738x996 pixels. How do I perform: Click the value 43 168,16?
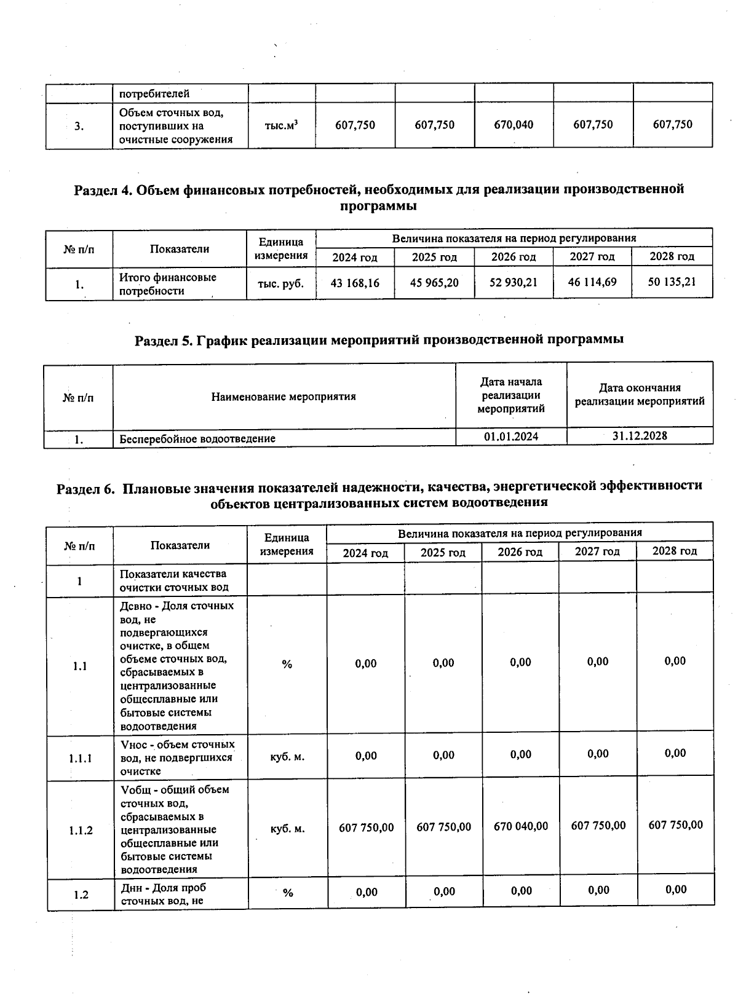(355, 283)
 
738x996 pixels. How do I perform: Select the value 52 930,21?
(514, 283)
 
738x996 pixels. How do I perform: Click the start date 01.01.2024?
(511, 436)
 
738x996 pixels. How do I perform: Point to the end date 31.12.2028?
(640, 435)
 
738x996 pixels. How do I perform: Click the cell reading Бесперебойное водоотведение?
(197, 438)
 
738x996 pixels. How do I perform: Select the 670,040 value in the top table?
(514, 125)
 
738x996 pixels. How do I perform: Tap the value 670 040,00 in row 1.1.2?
(520, 826)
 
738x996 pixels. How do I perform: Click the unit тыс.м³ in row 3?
(281, 125)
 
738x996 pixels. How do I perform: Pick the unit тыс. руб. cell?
(281, 283)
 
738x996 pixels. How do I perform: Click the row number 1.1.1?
(80, 758)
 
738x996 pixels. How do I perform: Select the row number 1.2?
(80, 895)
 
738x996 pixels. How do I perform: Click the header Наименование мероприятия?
(284, 397)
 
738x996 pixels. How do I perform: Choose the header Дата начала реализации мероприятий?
(511, 395)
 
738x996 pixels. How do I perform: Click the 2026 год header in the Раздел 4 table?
(514, 257)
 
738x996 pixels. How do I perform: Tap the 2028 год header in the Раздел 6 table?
(675, 551)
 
